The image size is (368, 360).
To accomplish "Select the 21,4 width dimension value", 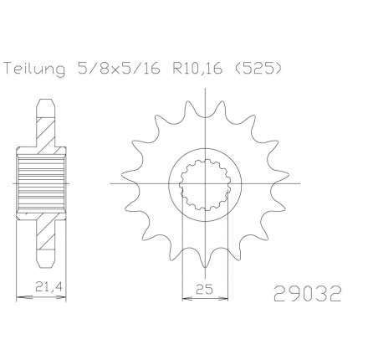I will click(48, 287).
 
